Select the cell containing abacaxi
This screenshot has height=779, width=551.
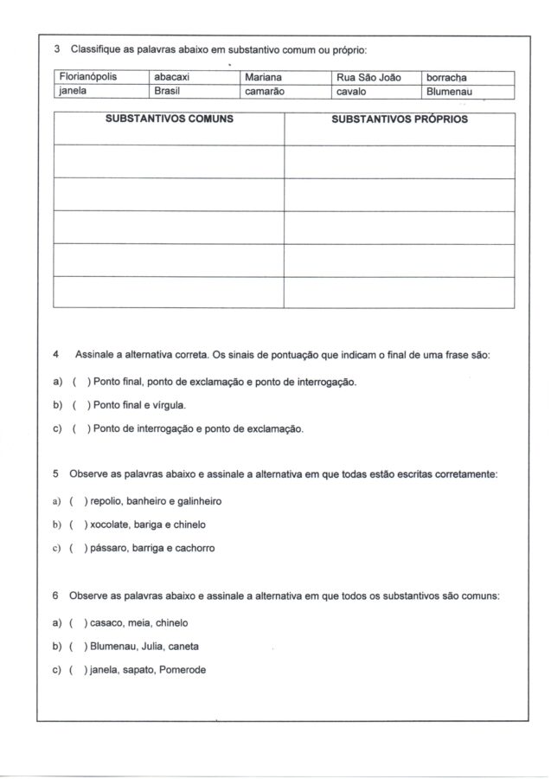(x=171, y=78)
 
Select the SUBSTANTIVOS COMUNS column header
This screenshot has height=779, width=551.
(x=170, y=119)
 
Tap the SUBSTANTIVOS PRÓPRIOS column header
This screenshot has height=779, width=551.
(x=400, y=119)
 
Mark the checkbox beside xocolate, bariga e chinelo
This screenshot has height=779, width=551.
(x=78, y=525)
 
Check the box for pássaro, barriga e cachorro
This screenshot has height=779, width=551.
(x=78, y=548)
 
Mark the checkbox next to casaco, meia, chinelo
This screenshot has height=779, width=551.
(x=78, y=622)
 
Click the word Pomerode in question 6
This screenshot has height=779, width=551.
(x=183, y=670)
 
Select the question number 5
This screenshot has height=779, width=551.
(x=55, y=474)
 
